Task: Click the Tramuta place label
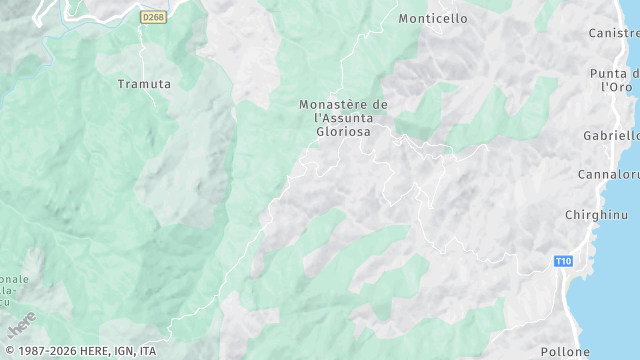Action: point(144,84)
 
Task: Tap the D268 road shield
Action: point(153,18)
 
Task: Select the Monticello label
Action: point(432,18)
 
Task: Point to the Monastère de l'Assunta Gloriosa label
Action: point(343,118)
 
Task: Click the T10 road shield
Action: point(564,261)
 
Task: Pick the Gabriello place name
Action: point(611,135)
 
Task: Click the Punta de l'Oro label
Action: point(614,80)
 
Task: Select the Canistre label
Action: point(614,33)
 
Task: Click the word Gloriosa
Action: point(344,131)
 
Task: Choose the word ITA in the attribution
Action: point(148,352)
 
